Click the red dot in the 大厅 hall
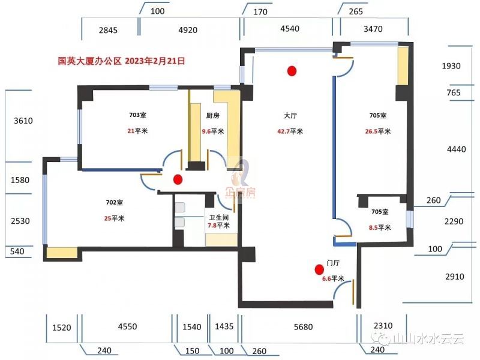point(292,71)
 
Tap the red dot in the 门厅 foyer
point(319,269)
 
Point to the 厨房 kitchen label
point(212,116)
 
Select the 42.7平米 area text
point(290,131)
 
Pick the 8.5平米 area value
point(379,227)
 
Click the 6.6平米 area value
point(333,278)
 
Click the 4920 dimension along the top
point(189,28)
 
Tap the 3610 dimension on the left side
point(23,121)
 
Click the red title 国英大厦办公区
point(89,61)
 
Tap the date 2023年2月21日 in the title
point(155,61)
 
